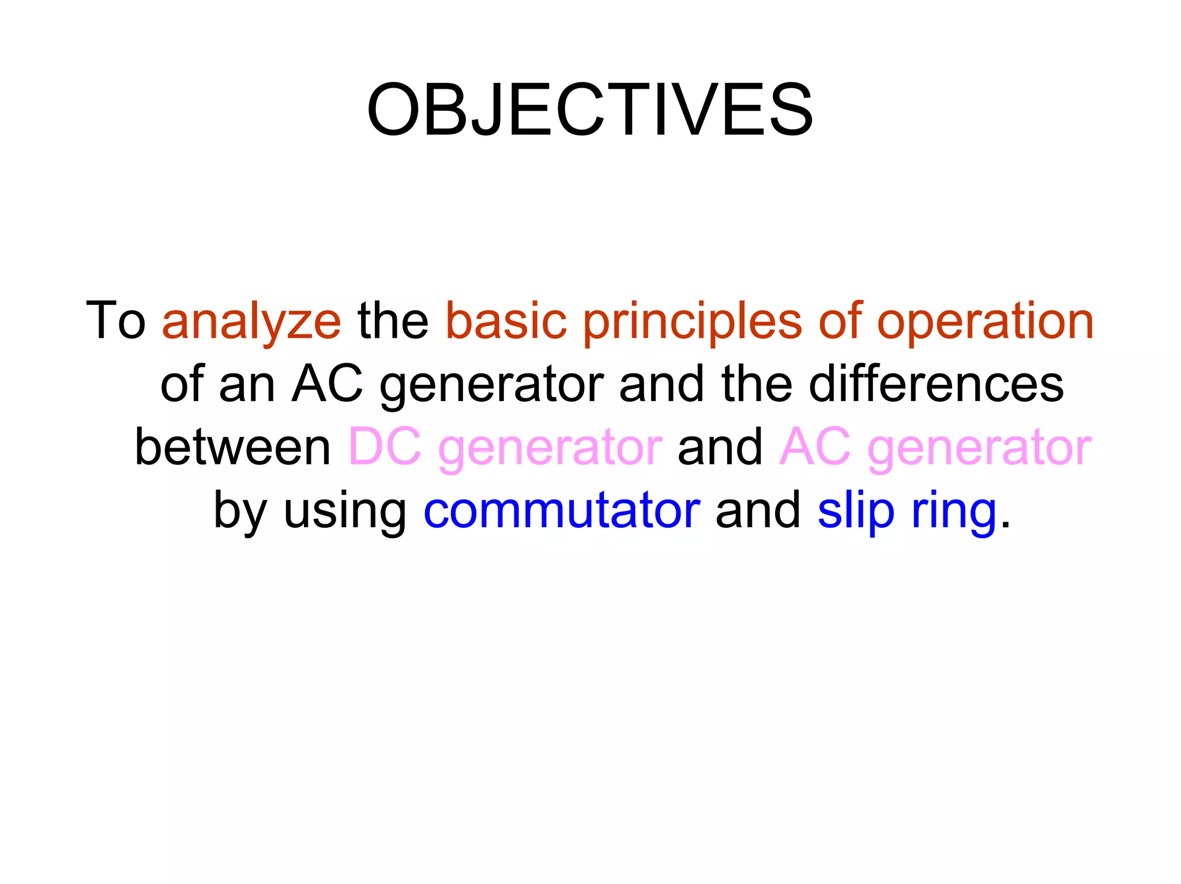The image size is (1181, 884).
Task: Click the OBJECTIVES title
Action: [590, 109]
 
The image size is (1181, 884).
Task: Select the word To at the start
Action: [115, 320]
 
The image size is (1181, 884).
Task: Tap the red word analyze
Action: [251, 322]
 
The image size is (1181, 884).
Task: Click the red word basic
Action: [506, 320]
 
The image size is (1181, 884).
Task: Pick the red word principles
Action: [692, 322]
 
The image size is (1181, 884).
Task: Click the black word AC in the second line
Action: [327, 384]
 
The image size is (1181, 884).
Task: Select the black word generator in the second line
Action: [491, 385]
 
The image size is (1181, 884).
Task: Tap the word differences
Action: [936, 384]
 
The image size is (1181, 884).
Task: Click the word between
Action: [232, 447]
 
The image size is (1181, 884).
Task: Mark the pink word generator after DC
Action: [550, 448]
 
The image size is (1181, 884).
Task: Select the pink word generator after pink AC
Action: [979, 448]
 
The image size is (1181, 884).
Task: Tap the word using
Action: [345, 511]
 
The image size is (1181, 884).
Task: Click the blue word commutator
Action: [562, 511]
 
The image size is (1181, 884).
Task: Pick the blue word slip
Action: [856, 511]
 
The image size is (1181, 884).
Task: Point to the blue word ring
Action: [954, 512]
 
